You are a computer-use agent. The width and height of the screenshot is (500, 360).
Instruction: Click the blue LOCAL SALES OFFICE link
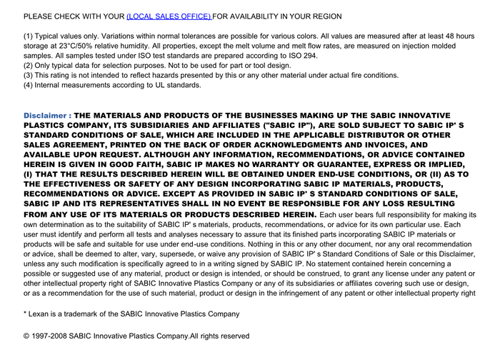coord(169,16)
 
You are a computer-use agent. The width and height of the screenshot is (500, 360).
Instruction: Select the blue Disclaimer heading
coord(47,116)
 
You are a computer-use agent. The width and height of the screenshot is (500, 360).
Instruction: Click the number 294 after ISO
coord(309,56)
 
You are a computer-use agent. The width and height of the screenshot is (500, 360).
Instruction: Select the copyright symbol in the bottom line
coord(27,336)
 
